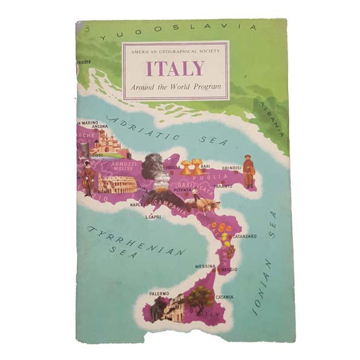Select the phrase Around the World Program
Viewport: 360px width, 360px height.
point(175,87)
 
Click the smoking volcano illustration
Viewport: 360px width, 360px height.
point(159,172)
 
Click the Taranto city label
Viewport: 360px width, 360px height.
point(221,187)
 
